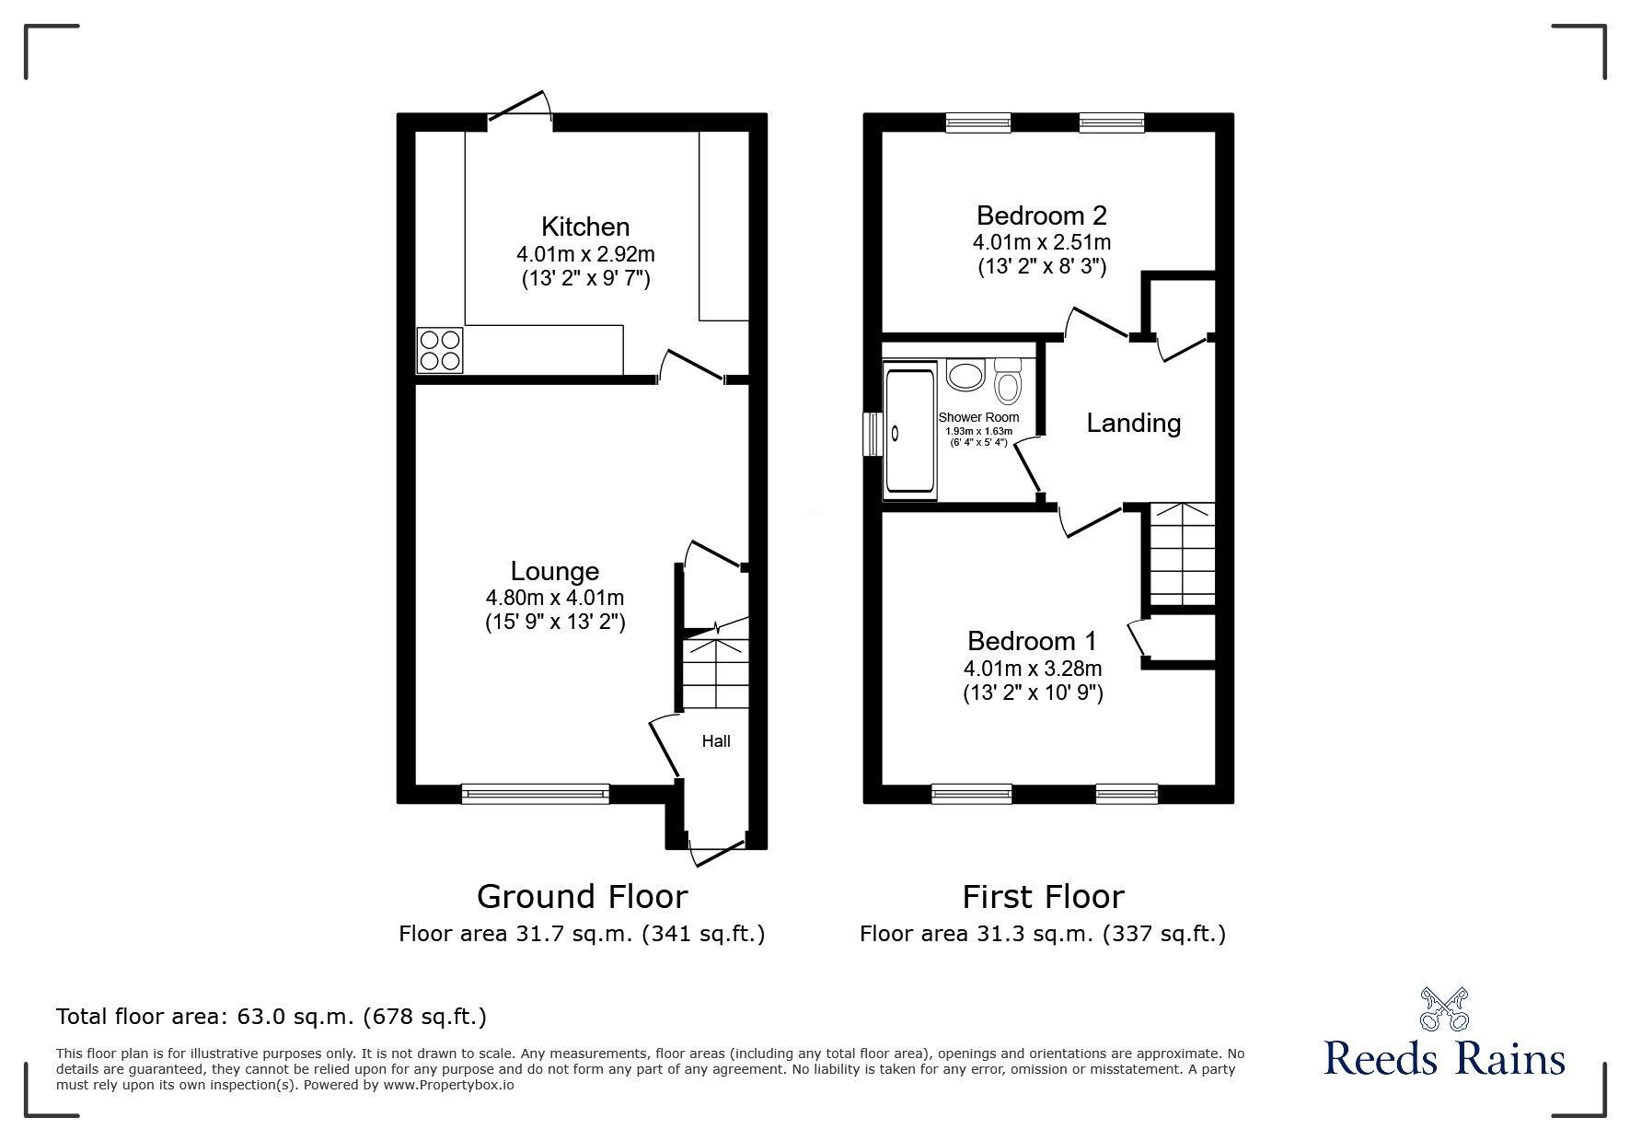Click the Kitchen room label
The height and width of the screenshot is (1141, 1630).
coord(585,227)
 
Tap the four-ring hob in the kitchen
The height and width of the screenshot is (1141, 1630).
coord(440,350)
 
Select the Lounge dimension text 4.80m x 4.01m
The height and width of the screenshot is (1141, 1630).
coord(555,598)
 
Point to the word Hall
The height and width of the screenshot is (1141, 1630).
coord(716,740)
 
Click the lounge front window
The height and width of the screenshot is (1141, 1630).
coord(535,793)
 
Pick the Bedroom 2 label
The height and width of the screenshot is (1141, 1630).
coord(1041,215)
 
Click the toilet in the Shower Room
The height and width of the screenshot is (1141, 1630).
coord(1009,383)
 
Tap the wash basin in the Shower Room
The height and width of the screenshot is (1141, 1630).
coord(966,376)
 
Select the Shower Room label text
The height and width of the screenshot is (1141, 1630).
coord(978,417)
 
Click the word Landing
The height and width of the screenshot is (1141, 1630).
coord(1133,424)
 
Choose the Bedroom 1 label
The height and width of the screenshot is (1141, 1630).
coord(1032,641)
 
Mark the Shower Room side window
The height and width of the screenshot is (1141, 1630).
coord(870,435)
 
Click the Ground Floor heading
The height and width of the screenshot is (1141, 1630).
coord(582,896)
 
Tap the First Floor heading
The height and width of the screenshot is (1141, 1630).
coord(1043,896)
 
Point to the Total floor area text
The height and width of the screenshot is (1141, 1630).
coord(272,1017)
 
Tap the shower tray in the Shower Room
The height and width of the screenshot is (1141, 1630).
coord(909,431)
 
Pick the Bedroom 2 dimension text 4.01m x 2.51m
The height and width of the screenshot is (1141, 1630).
coord(1041,243)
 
